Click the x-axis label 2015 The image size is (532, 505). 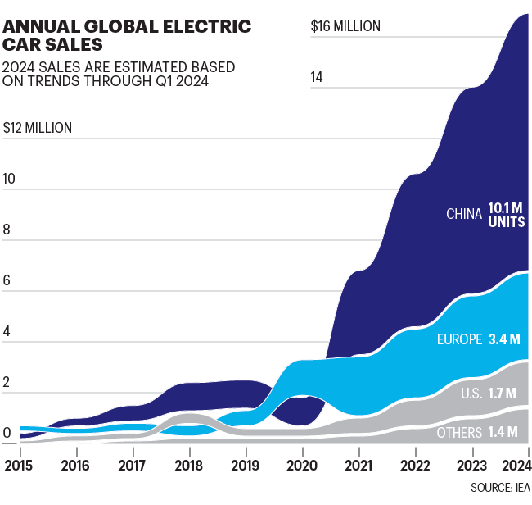(19, 465)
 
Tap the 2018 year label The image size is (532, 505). (189, 465)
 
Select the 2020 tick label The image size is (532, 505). (302, 465)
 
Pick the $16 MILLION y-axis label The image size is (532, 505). (345, 26)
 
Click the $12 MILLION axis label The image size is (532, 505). (38, 128)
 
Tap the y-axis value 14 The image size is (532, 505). (317, 77)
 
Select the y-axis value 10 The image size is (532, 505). (10, 180)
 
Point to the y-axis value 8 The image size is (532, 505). (7, 230)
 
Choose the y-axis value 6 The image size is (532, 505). (7, 281)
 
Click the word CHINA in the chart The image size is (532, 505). (463, 214)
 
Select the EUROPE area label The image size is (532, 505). (458, 339)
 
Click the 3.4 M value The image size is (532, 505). (504, 339)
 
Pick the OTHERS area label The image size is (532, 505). (459, 432)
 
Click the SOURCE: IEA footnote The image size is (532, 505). (500, 489)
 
